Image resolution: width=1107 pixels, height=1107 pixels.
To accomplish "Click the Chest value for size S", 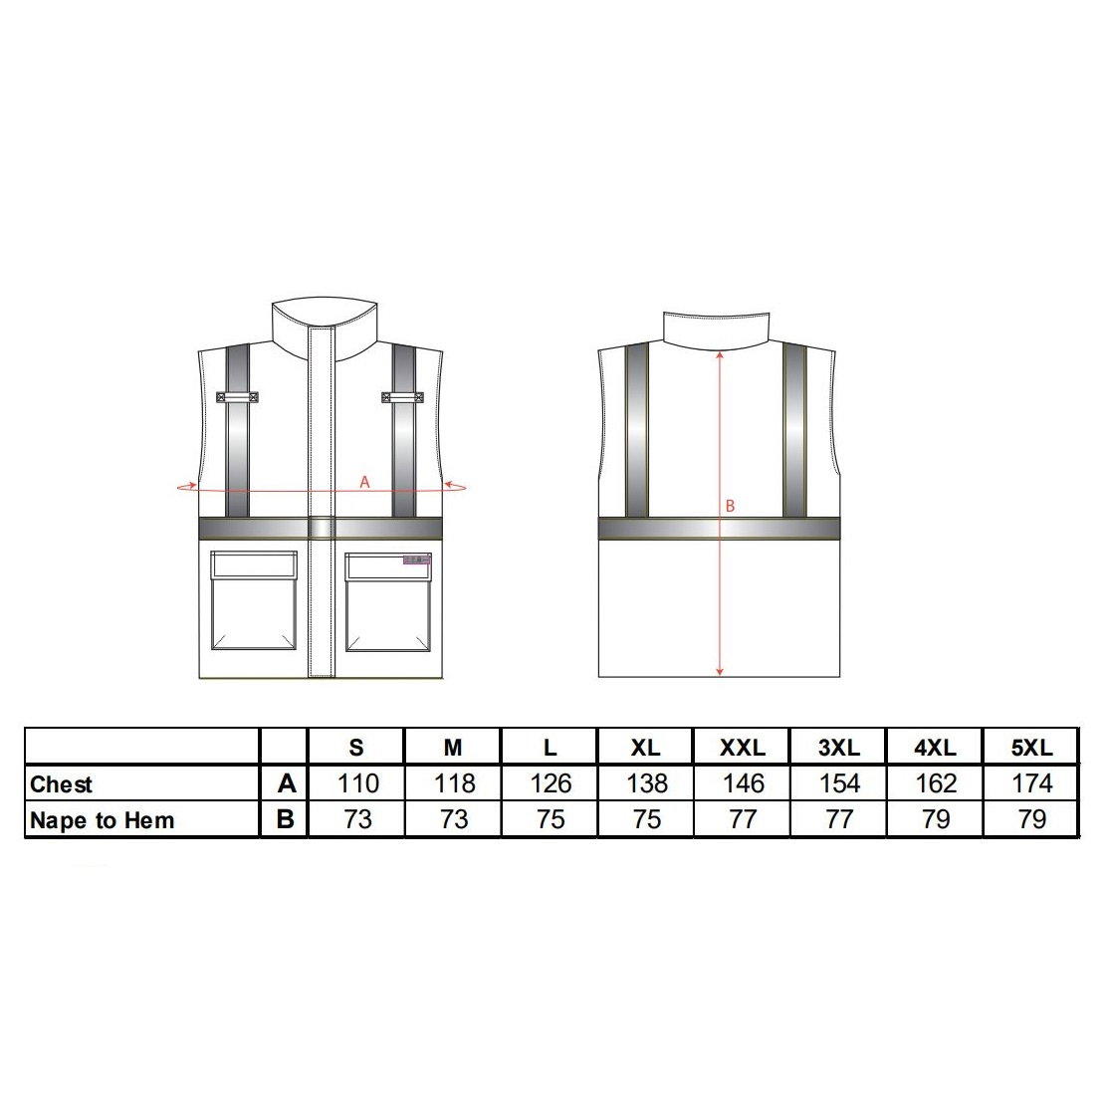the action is [x=358, y=782].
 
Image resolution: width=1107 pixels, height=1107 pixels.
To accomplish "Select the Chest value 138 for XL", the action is [x=647, y=782].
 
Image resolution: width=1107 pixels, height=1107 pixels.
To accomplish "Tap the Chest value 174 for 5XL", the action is [x=1032, y=782].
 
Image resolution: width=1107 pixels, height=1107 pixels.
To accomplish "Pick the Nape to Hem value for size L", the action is [x=550, y=819].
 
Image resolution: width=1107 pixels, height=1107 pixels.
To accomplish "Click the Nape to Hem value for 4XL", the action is [x=936, y=819].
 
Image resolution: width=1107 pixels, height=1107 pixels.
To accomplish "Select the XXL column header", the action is [x=743, y=747].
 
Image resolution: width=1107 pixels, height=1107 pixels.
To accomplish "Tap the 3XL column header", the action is [x=839, y=747].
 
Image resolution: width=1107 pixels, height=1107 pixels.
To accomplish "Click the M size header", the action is [x=453, y=747].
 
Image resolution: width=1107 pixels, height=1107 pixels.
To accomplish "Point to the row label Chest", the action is [x=62, y=784].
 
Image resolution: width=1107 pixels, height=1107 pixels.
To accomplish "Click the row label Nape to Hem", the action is [x=103, y=820].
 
